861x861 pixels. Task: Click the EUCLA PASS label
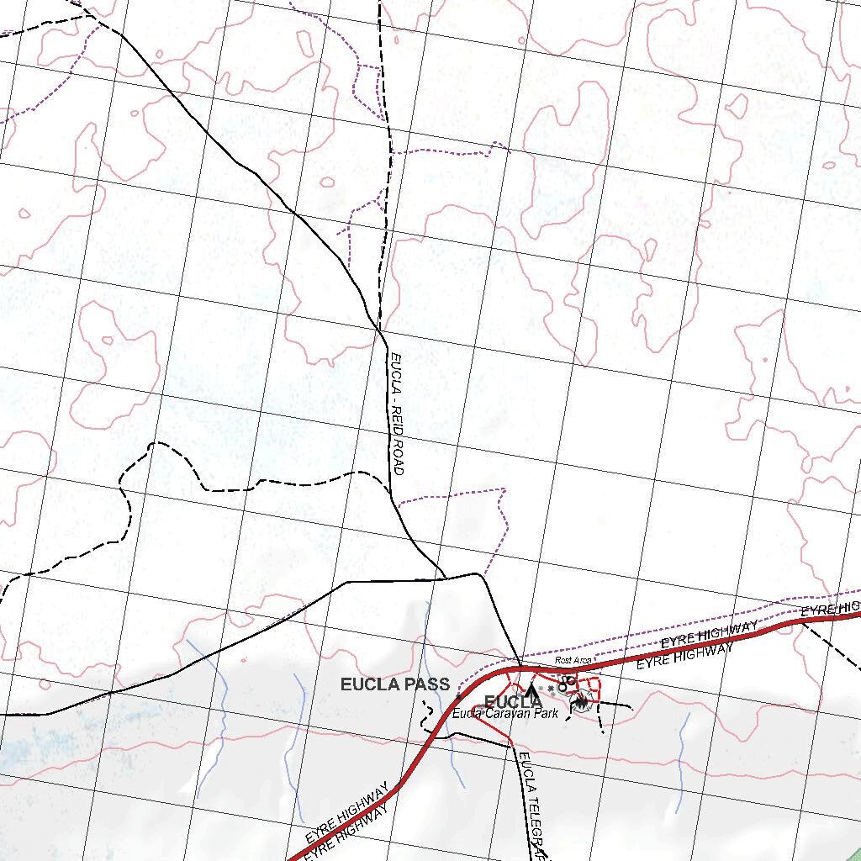point(394,684)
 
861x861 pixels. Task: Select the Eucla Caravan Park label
point(504,714)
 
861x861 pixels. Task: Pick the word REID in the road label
point(397,420)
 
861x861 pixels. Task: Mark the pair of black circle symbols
point(568,684)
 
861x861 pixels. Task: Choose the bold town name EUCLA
point(513,702)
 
